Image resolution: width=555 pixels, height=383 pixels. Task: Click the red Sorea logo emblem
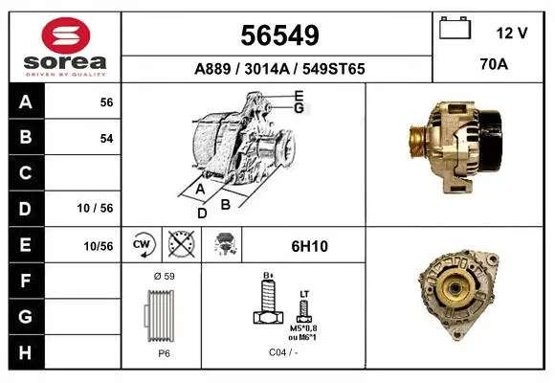(x=66, y=35)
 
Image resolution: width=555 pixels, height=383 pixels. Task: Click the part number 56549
(x=279, y=35)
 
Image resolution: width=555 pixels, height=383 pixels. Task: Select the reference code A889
(x=212, y=69)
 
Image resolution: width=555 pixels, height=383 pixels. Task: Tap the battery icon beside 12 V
(x=455, y=28)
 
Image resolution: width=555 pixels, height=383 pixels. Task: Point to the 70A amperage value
(x=494, y=64)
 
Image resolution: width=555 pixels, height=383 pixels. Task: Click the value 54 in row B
(x=106, y=138)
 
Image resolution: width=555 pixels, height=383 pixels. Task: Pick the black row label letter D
(x=25, y=209)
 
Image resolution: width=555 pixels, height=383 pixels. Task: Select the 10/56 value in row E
(x=99, y=246)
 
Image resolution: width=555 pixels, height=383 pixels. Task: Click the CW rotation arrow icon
(x=143, y=244)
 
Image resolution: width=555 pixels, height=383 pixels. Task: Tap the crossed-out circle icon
(x=181, y=244)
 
